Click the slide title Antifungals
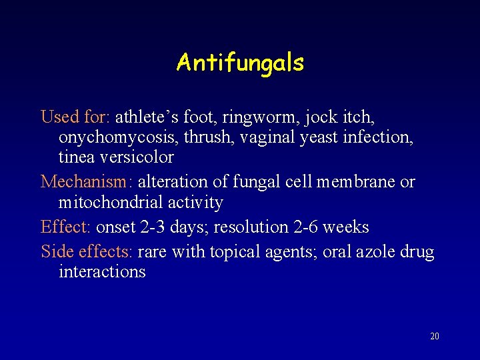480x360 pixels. tap(240, 63)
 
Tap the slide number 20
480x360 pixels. tap(435, 336)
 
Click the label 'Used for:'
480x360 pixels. tap(75, 117)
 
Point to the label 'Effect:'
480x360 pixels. tap(65, 227)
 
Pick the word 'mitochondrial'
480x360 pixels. tap(111, 202)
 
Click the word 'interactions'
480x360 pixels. tap(102, 272)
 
